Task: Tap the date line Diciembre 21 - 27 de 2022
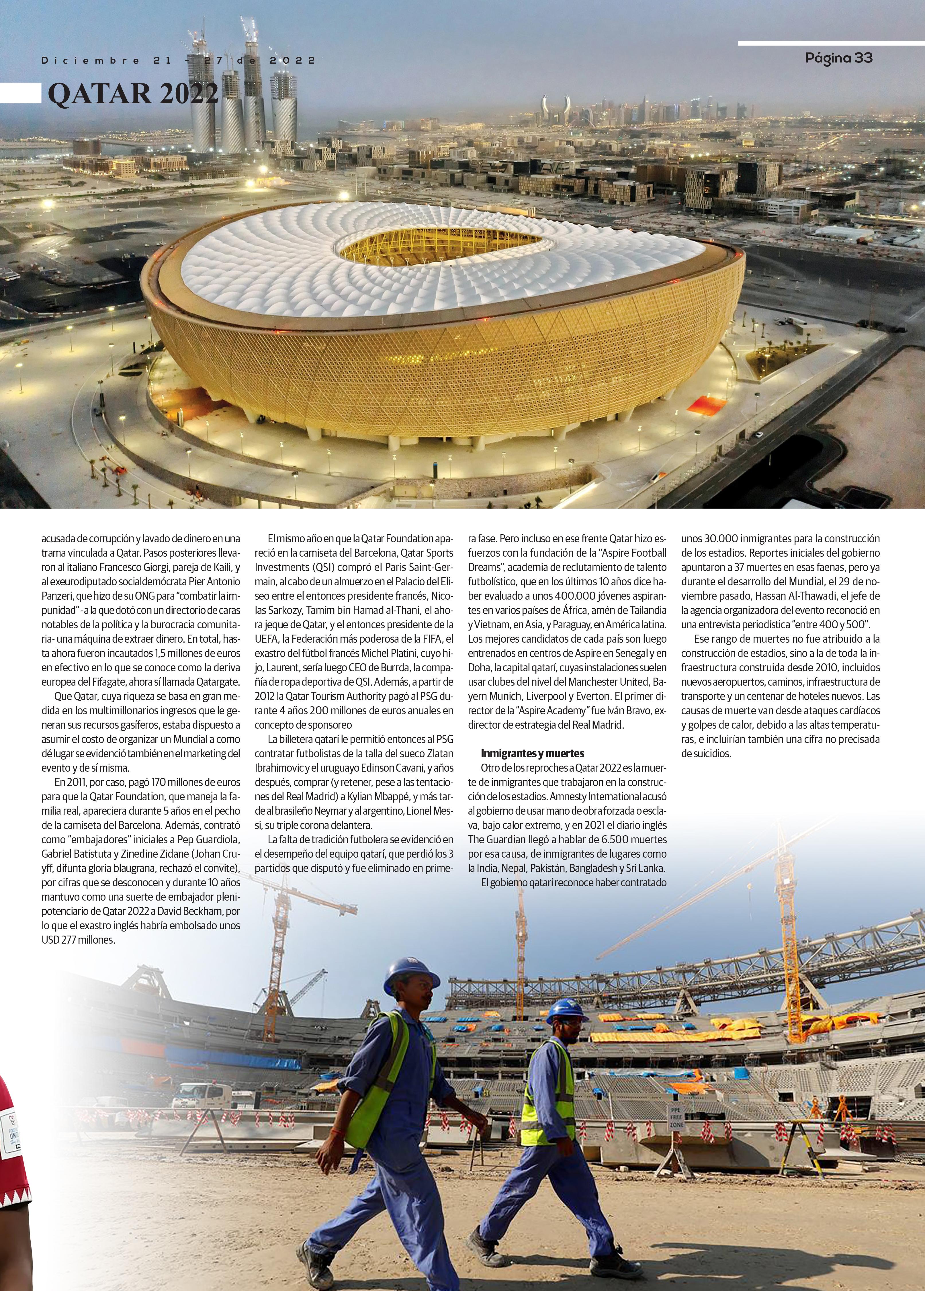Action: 178,60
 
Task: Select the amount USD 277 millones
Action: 79,940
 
